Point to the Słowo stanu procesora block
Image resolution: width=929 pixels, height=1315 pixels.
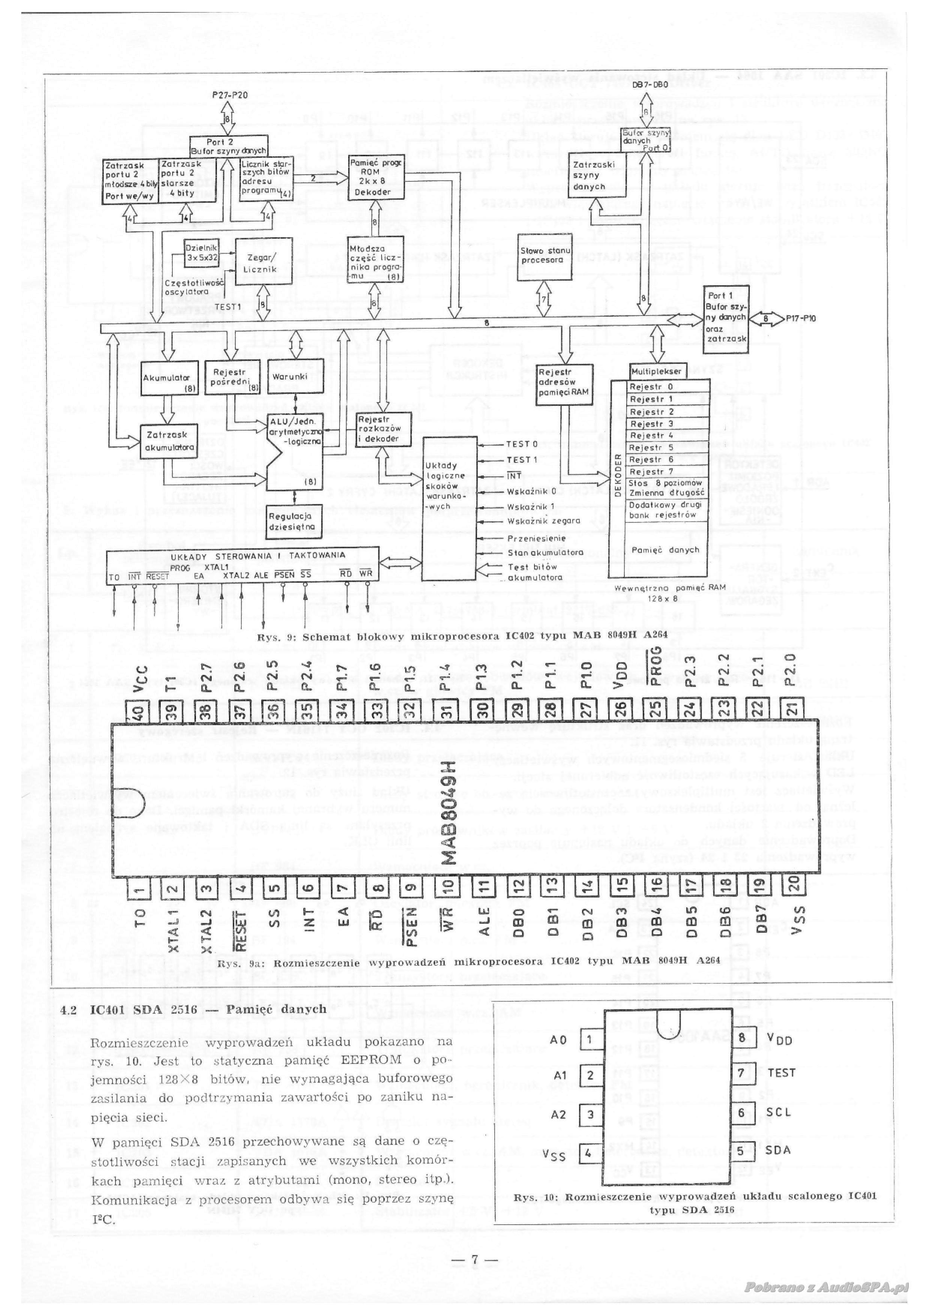545,256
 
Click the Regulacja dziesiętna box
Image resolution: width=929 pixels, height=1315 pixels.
295,521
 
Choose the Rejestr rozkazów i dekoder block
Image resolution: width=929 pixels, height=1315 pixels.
383,429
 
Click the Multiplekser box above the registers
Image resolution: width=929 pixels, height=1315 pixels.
657,371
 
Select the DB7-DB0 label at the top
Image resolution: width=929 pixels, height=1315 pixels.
650,85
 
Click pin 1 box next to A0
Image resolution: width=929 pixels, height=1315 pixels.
591,1038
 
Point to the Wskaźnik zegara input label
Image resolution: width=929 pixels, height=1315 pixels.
544,521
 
